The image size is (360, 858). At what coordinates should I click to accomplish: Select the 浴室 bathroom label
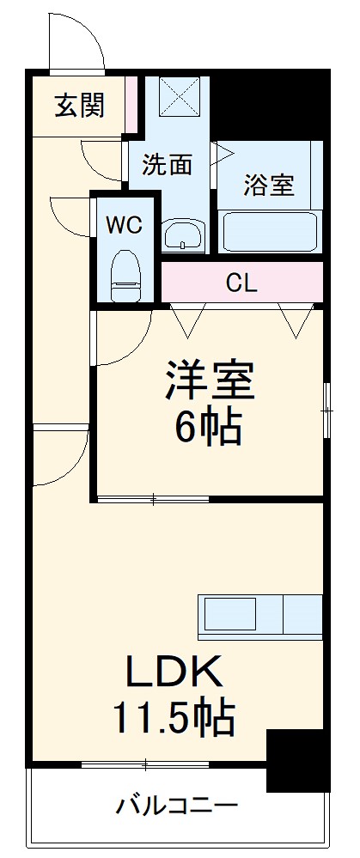(x=269, y=184)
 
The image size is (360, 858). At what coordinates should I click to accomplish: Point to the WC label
(x=124, y=225)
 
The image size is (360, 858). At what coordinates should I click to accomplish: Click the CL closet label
(x=241, y=283)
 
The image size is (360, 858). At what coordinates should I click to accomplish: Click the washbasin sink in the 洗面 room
(x=184, y=234)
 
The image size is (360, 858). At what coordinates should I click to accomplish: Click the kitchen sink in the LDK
(x=231, y=615)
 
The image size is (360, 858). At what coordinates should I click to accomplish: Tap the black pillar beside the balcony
(x=297, y=760)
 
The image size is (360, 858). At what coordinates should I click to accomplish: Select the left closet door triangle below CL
(x=188, y=319)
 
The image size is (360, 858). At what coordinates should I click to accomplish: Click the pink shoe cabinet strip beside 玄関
(x=131, y=105)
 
